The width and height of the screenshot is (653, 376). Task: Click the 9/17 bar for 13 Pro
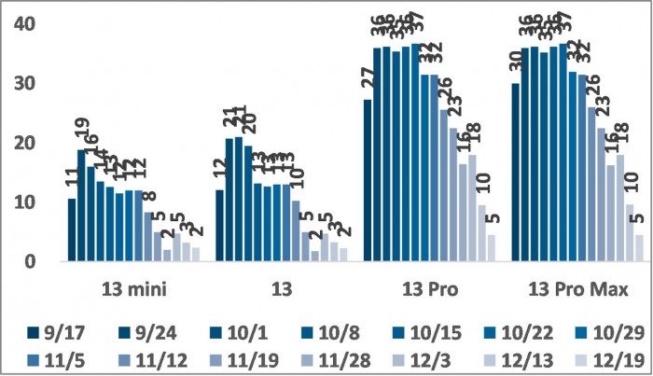point(368,181)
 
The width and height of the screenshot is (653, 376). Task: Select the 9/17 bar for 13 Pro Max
point(516,173)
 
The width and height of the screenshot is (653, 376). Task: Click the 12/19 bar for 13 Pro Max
point(639,249)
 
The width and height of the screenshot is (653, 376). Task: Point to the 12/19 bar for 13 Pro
point(492,249)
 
